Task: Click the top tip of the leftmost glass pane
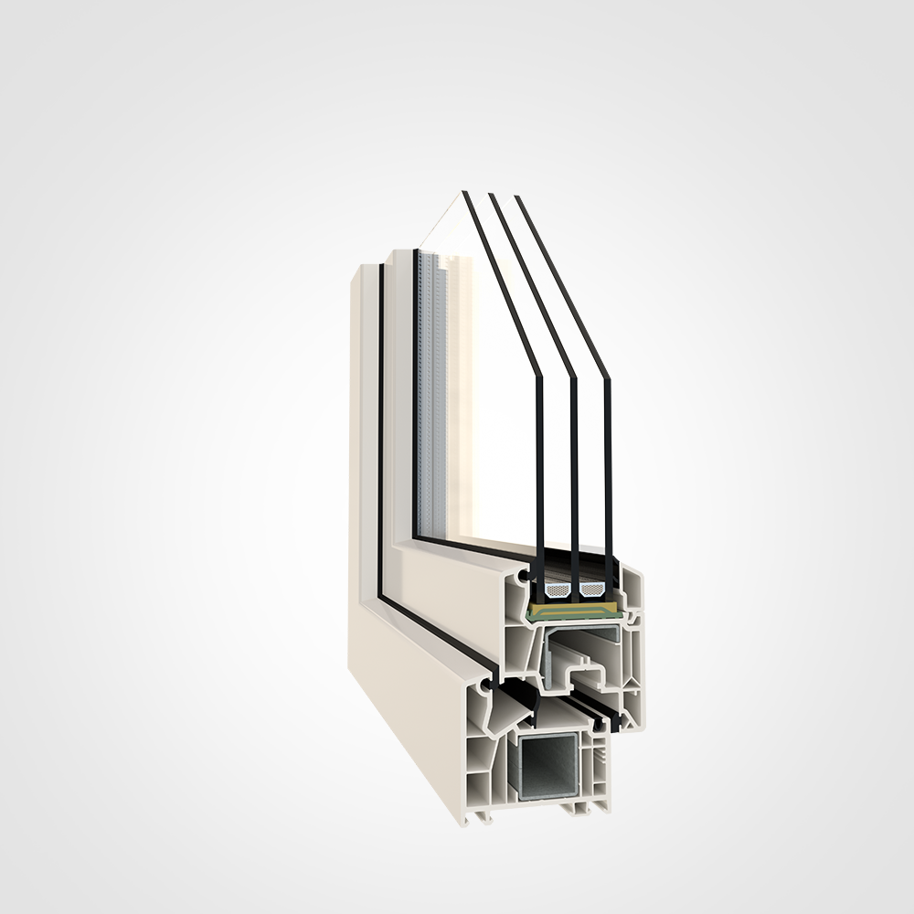(x=464, y=193)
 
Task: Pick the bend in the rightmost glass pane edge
(x=606, y=377)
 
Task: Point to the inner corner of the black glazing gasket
(x=417, y=537)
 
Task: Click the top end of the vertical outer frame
(x=363, y=267)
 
